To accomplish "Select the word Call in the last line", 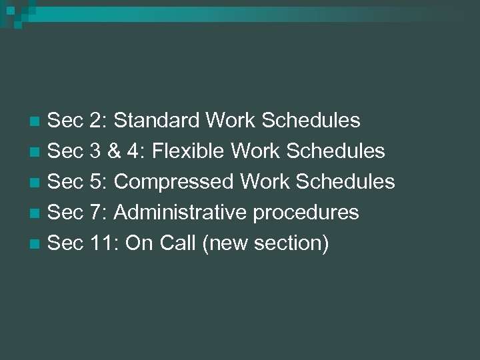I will point(178,243).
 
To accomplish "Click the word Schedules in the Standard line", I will point(311,121).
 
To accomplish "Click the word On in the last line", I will point(139,243).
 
